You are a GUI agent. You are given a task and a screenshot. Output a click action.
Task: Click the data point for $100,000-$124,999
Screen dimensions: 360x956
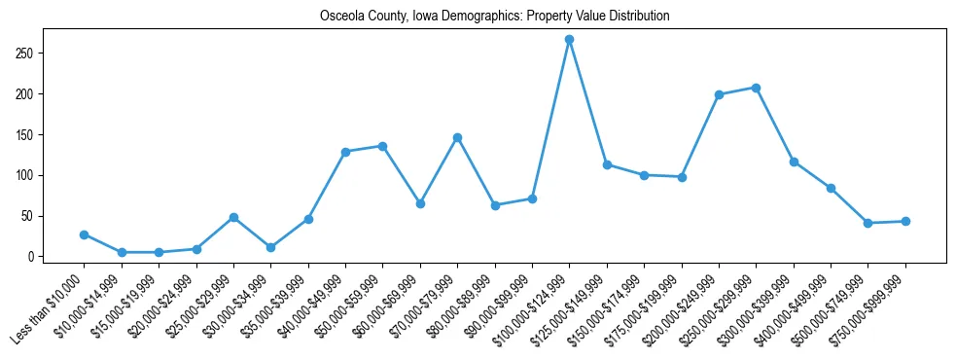click(570, 40)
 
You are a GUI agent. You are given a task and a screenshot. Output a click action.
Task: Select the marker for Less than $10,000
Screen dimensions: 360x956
click(85, 234)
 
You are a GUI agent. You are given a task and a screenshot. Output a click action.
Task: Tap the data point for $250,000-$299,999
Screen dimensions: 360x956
click(757, 88)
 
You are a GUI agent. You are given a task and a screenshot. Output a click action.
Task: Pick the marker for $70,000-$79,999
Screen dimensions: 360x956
click(458, 138)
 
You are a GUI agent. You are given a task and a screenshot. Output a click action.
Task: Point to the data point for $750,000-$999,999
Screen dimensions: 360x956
click(905, 221)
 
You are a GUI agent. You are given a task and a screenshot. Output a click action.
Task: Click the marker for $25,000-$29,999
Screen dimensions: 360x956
click(233, 217)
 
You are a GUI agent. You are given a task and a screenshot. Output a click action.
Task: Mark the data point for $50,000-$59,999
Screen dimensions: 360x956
click(383, 146)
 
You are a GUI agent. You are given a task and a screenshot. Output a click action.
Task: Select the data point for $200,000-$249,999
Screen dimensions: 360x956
click(719, 94)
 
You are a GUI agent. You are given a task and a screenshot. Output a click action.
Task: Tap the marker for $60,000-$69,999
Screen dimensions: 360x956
click(420, 203)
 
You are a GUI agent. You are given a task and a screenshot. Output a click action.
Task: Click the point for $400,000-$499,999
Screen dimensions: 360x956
click(831, 188)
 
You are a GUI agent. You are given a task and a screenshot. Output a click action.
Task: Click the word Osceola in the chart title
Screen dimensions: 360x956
click(341, 17)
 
